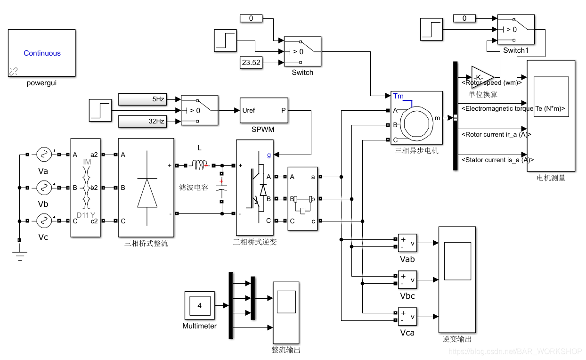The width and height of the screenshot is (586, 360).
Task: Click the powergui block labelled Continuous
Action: pos(42,53)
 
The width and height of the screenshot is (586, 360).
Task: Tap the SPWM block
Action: pos(263,111)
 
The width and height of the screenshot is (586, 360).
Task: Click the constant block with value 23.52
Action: pos(251,63)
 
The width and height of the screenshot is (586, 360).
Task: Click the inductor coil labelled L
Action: pos(199,164)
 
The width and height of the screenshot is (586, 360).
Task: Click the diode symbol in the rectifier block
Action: pos(147,193)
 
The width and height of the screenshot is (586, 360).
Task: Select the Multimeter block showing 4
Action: pos(199,306)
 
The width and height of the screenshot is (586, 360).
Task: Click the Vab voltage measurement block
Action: pos(407,243)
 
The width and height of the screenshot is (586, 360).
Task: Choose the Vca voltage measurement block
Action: pos(407,317)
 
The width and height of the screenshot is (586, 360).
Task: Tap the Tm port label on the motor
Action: pos(398,96)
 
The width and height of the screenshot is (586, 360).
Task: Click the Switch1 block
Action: pos(516,29)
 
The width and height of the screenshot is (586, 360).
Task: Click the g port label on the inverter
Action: pos(269,154)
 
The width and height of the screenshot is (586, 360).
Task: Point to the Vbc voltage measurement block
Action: pos(407,280)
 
